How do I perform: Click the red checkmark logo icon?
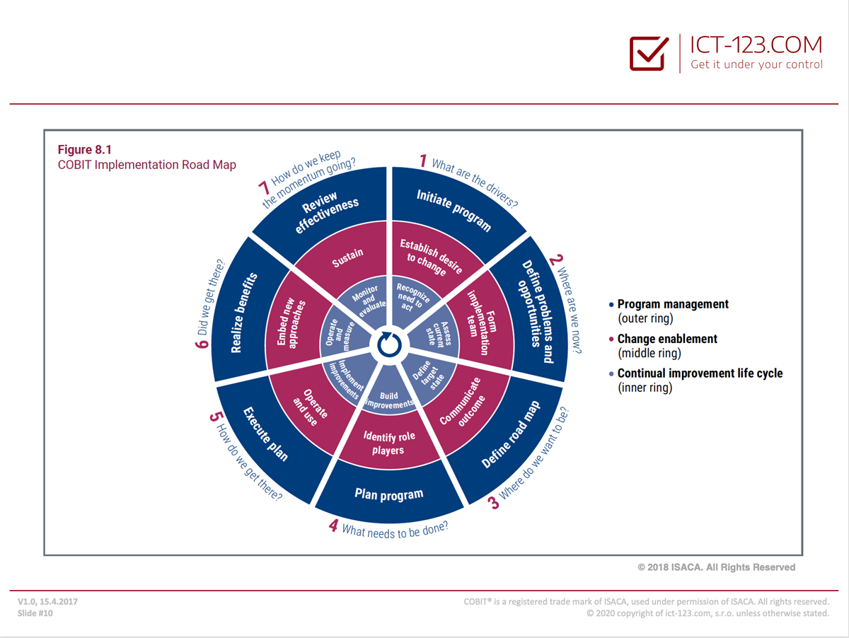649,53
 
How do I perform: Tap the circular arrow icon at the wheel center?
389,344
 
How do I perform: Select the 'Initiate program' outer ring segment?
454,210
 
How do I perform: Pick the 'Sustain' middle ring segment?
347,257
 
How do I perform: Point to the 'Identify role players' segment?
388,443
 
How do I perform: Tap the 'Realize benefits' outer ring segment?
243,313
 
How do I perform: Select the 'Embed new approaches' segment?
291,323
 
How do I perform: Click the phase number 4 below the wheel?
333,526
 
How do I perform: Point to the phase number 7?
264,188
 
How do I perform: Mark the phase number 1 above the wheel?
423,161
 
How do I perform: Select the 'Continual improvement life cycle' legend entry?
696,381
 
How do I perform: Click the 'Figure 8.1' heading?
85,149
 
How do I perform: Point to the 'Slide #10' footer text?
35,613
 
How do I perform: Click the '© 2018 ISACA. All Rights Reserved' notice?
716,567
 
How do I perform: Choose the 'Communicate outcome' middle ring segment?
462,402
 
